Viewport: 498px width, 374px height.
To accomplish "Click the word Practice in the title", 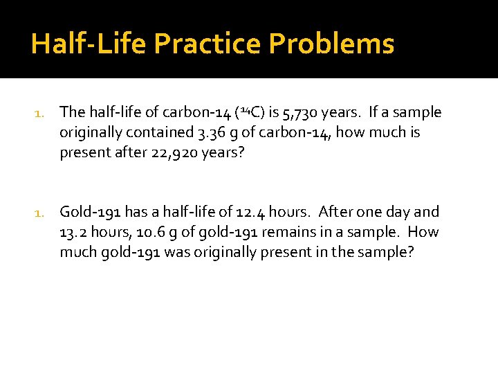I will point(207,44).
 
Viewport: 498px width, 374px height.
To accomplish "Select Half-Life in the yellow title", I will point(89,44).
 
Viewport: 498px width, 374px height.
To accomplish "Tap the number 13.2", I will point(74,232).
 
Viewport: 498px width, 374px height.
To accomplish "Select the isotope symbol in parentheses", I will point(248,112).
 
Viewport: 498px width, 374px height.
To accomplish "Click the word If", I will point(374,112).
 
